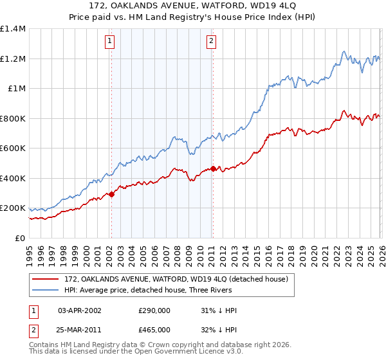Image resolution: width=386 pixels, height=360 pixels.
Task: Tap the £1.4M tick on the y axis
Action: coord(13,29)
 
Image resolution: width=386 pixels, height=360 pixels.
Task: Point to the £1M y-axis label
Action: coord(17,89)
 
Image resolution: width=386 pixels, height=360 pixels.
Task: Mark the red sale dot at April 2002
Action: coord(111,194)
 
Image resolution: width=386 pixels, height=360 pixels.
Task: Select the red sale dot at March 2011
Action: coord(213,169)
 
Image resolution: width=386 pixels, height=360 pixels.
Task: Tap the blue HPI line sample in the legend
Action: coord(46,290)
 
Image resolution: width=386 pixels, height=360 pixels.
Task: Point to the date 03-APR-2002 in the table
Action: coord(80,310)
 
